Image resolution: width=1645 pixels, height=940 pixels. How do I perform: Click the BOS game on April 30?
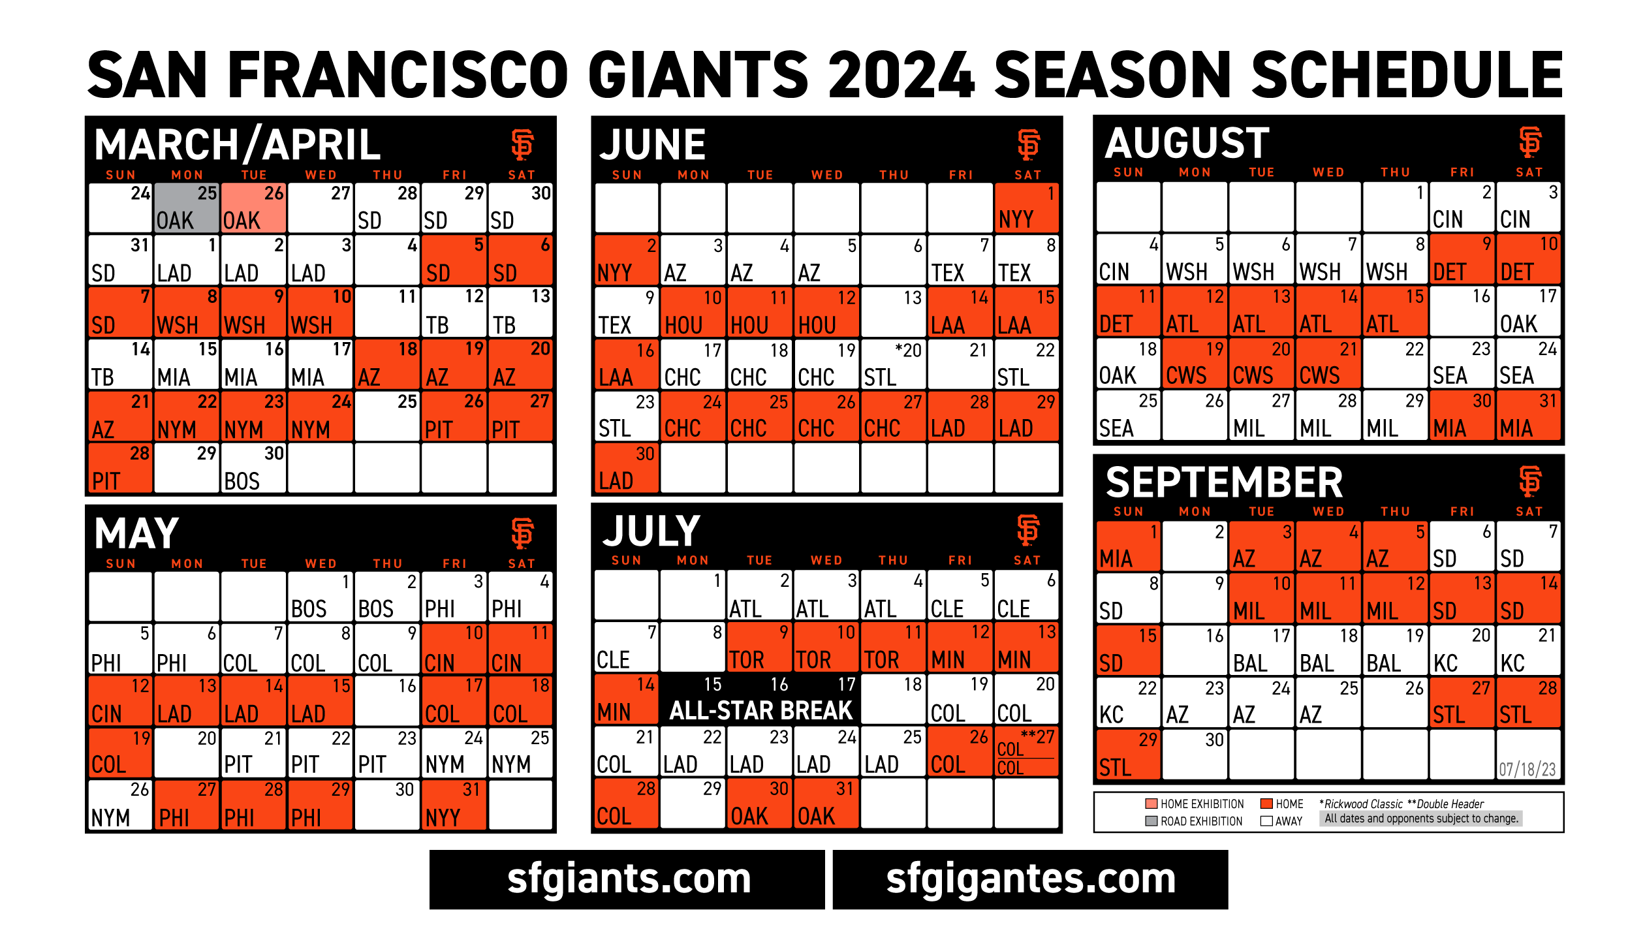click(253, 468)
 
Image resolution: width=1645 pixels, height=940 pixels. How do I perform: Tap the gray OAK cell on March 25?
click(187, 208)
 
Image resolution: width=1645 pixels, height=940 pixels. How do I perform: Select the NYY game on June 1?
click(1026, 208)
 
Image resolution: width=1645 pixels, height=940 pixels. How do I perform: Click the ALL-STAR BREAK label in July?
click(760, 710)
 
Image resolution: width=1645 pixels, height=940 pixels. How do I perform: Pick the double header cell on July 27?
click(1026, 752)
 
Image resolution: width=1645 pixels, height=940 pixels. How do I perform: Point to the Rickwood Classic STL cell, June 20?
click(893, 364)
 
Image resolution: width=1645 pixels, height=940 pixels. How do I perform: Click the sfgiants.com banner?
click(627, 879)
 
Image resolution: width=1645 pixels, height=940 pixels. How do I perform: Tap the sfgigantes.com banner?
click(1030, 879)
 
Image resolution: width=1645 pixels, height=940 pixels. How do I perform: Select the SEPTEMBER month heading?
click(1224, 482)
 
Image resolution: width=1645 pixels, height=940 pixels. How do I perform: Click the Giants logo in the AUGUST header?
click(1529, 142)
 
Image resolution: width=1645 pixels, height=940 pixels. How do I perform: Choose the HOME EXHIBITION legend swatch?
click(1151, 804)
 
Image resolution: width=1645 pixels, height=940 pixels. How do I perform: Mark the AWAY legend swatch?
click(1266, 821)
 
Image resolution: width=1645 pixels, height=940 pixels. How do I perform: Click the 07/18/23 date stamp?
click(1527, 770)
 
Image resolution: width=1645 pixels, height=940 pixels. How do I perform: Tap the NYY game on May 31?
click(454, 805)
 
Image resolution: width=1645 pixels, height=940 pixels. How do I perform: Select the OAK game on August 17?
click(1528, 311)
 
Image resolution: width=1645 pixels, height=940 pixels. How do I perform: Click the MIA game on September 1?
click(1129, 546)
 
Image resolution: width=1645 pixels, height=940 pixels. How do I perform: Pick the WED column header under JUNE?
click(827, 175)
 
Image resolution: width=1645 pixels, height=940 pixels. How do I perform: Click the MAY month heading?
click(136, 533)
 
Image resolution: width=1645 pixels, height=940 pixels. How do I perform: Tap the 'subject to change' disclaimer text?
click(1421, 819)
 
